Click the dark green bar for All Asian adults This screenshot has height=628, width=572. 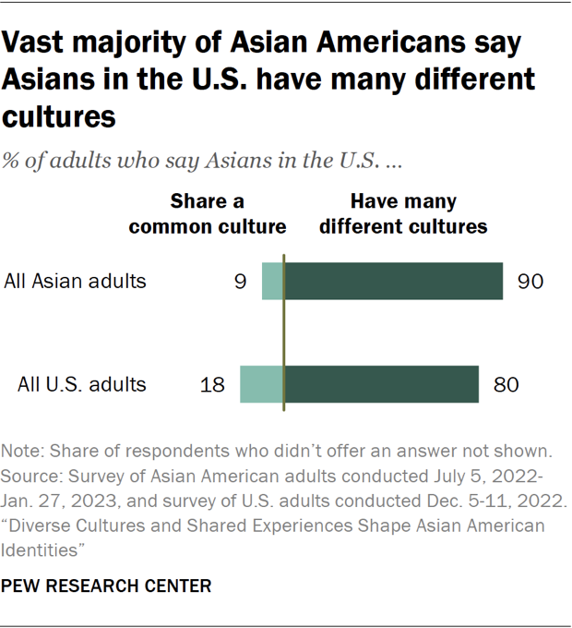(393, 281)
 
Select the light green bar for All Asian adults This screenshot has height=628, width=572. (273, 281)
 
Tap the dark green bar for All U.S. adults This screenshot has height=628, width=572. (381, 384)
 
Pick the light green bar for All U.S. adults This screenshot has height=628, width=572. (262, 384)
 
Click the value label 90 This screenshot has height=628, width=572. (530, 281)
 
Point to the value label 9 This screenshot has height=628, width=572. (240, 281)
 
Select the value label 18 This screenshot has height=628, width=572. (212, 384)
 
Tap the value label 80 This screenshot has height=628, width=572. (506, 384)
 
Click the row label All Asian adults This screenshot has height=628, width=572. (75, 281)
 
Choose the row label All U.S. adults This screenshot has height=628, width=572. (81, 384)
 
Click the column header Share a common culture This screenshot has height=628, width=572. (208, 214)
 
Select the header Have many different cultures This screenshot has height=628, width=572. (402, 214)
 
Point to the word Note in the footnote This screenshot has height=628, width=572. (22, 453)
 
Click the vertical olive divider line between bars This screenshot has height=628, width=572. (283, 332)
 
